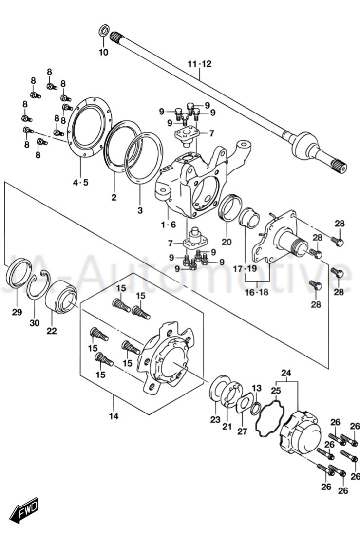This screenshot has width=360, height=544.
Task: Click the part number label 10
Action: click(x=103, y=52)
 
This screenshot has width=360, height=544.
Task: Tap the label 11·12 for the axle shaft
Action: click(x=200, y=64)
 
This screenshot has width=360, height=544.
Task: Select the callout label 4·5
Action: click(x=81, y=183)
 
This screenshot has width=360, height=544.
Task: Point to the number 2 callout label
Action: click(x=114, y=197)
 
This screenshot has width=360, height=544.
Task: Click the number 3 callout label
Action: click(x=140, y=211)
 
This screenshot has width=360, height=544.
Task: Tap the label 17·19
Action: click(x=244, y=268)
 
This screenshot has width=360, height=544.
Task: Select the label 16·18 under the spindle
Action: click(x=257, y=292)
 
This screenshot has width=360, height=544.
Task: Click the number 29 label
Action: click(x=17, y=312)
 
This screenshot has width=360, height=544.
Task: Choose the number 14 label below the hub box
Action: click(x=114, y=416)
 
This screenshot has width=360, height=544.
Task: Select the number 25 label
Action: click(x=276, y=391)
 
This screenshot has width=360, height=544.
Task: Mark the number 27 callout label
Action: click(x=242, y=431)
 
